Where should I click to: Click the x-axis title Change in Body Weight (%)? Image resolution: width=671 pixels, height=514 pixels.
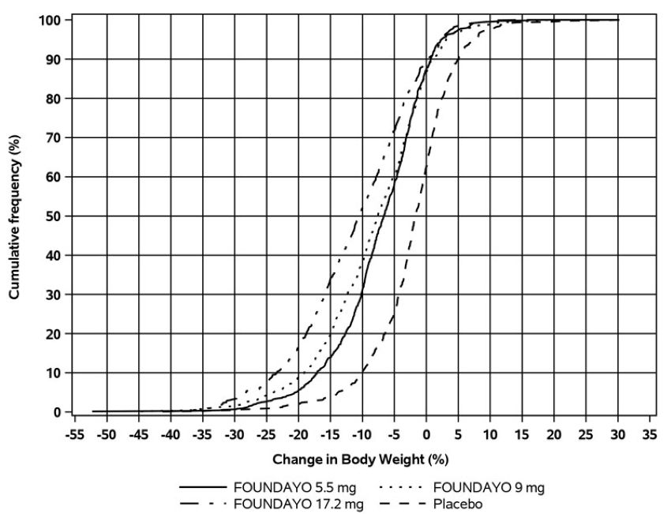[360, 459]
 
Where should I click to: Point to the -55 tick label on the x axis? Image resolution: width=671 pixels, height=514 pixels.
[75, 434]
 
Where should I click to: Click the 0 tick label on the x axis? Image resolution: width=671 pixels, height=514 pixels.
[426, 434]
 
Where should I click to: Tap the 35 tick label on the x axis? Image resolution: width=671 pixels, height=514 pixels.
[650, 434]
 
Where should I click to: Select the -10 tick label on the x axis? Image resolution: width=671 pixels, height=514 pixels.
[362, 434]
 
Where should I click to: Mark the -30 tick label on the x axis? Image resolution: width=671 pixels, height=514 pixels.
[234, 434]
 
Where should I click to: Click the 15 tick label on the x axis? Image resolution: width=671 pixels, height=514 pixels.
[522, 434]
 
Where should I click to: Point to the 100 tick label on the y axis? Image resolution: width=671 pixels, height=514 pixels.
[51, 19]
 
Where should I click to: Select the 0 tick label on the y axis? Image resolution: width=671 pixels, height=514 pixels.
[58, 412]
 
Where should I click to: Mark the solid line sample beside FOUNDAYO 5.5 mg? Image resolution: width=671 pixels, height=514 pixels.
[202, 487]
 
